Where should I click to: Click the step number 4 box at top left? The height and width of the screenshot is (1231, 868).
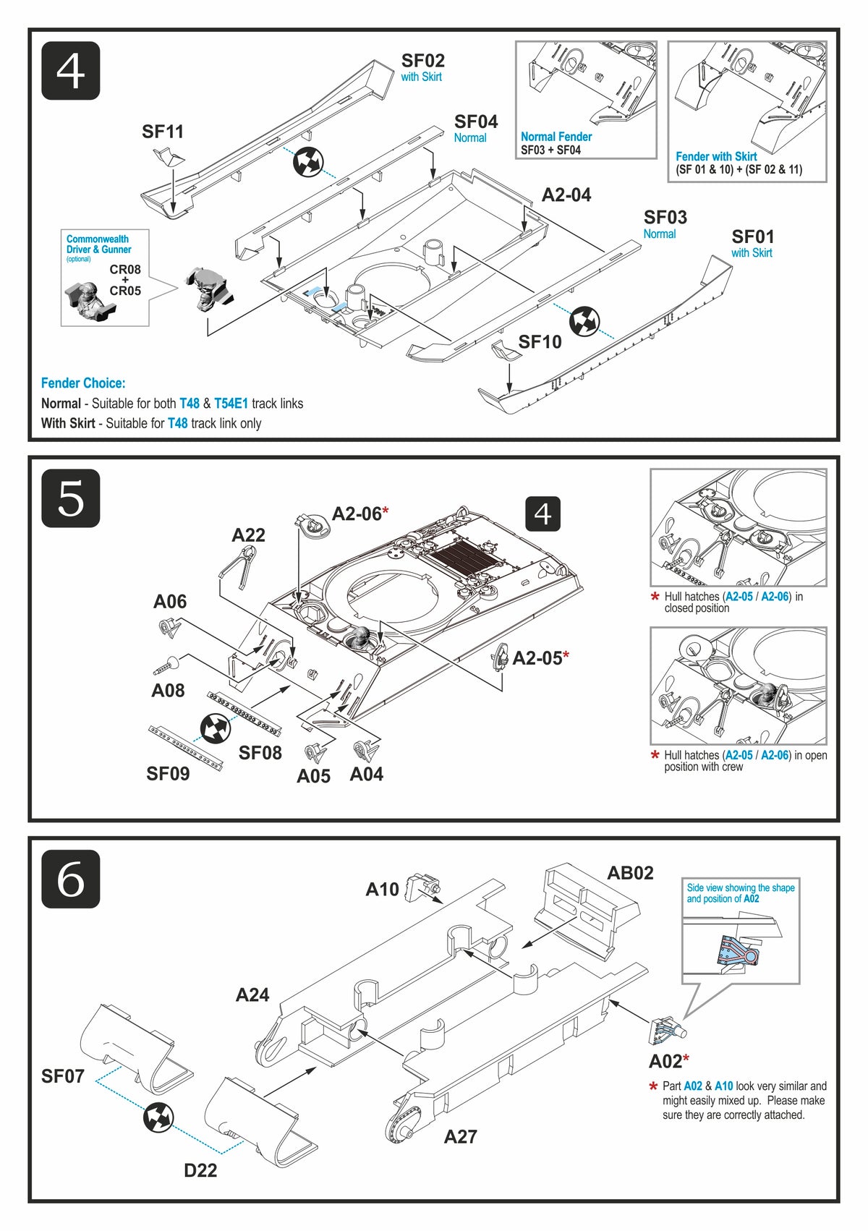(70, 71)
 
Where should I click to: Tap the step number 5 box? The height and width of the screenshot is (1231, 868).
(70, 498)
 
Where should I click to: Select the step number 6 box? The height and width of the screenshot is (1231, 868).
(70, 879)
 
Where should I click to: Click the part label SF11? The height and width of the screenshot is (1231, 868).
(163, 132)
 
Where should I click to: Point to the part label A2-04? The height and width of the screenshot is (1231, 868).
(566, 195)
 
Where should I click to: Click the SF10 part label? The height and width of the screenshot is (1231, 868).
(540, 341)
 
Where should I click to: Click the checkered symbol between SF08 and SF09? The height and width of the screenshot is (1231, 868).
(215, 728)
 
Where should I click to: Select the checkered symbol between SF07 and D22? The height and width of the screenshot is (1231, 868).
(158, 1117)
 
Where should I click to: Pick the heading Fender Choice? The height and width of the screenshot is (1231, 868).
(83, 383)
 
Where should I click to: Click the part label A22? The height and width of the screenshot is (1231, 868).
(248, 535)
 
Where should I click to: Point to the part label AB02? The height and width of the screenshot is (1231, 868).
(630, 873)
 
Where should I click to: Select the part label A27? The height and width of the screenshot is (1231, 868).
(460, 1137)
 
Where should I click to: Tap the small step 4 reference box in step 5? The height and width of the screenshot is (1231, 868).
(542, 514)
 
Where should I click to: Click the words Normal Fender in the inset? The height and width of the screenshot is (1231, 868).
(556, 137)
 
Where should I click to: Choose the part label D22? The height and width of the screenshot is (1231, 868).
(200, 1170)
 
